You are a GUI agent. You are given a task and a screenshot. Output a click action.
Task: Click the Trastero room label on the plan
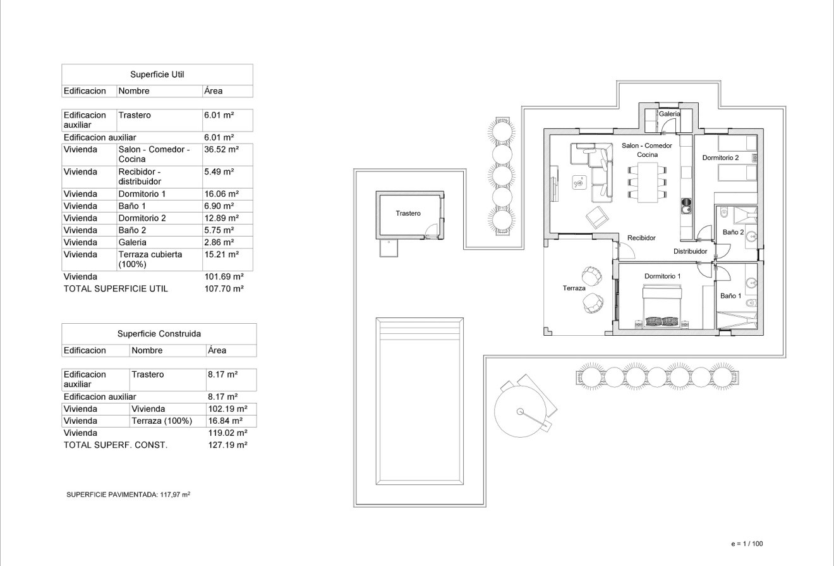click(408, 213)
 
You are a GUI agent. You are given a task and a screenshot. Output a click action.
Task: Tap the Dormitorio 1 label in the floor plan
click(662, 276)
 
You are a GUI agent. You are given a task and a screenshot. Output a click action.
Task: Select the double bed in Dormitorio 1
click(662, 305)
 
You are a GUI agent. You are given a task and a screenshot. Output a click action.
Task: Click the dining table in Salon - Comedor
click(648, 181)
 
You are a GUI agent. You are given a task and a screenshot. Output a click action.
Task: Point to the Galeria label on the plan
click(669, 114)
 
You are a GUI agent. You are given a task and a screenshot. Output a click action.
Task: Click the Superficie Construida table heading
click(159, 333)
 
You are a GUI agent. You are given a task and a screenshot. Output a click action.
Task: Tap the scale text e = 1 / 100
click(747, 543)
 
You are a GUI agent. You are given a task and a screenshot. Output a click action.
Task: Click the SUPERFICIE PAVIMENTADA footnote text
click(128, 495)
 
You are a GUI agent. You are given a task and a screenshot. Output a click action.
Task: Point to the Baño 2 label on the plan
click(733, 232)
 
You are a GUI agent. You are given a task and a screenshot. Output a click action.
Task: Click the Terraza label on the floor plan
click(574, 288)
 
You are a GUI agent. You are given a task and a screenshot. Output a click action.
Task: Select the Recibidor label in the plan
click(641, 238)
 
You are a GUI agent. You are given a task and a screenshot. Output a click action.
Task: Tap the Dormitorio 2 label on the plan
click(720, 157)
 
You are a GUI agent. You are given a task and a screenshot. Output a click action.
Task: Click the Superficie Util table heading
click(157, 75)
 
